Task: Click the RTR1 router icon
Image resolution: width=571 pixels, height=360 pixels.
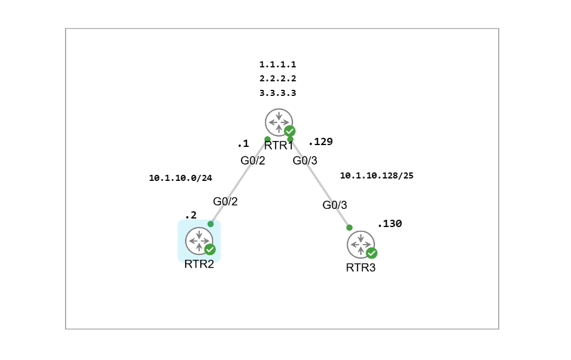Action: click(x=279, y=123)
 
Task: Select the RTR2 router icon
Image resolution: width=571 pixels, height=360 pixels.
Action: click(x=199, y=241)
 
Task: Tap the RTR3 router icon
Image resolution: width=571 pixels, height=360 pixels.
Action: click(x=361, y=245)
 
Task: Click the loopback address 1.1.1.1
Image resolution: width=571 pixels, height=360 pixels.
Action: click(x=277, y=65)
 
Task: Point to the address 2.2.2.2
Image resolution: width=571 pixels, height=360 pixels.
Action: click(x=277, y=79)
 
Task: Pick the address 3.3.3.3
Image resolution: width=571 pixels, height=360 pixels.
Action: click(x=277, y=93)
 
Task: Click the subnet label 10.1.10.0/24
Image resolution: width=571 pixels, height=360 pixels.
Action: click(x=180, y=178)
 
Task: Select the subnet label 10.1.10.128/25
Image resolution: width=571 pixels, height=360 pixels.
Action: click(x=377, y=175)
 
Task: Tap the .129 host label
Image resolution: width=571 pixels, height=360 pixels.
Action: click(x=320, y=141)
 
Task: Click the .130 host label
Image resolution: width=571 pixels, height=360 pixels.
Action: click(x=390, y=224)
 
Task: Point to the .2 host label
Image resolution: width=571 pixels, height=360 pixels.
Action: click(x=191, y=216)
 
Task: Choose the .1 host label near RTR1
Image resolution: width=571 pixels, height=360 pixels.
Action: click(x=243, y=144)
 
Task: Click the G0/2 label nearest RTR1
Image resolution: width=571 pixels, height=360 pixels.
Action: click(x=252, y=161)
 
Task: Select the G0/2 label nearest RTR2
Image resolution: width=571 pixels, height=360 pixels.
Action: click(x=225, y=202)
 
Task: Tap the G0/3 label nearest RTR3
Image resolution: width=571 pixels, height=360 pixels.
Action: click(x=335, y=205)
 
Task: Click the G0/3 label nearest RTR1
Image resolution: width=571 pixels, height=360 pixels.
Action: click(x=305, y=161)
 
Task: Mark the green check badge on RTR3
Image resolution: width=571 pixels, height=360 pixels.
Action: click(x=371, y=253)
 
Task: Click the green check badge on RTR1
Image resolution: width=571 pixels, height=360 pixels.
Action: click(x=289, y=131)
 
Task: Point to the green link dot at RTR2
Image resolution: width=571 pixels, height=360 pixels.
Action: click(x=211, y=224)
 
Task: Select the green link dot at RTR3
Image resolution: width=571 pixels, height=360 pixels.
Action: click(x=350, y=228)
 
